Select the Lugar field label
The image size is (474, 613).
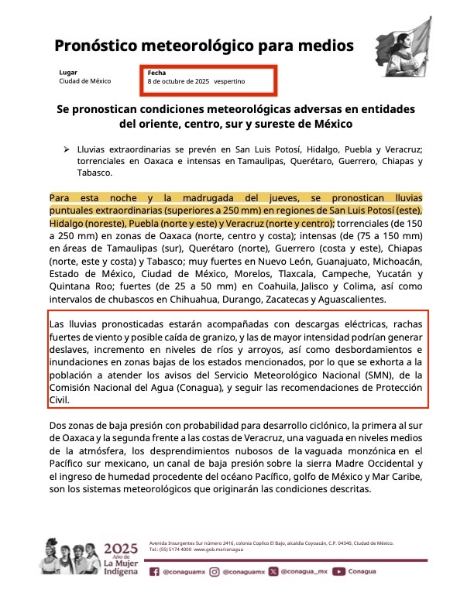point(68,72)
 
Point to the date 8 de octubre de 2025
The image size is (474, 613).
point(179,81)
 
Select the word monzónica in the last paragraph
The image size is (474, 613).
point(373,450)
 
